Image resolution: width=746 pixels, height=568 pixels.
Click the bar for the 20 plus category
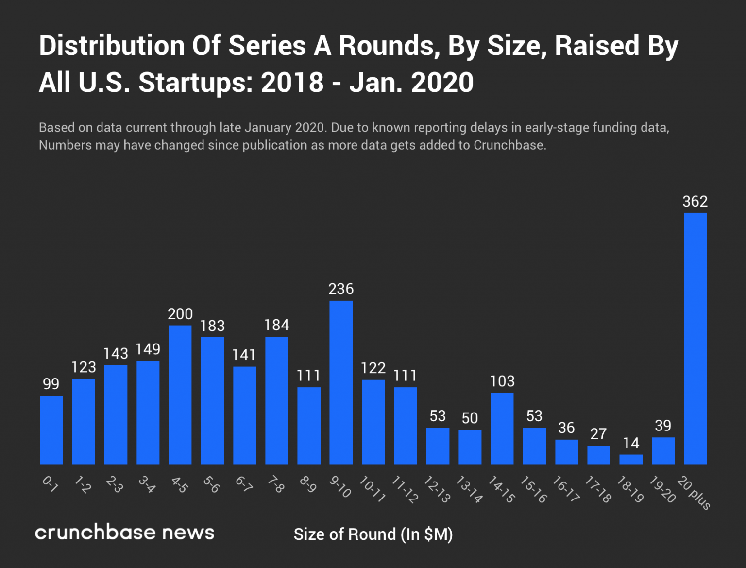pos(695,338)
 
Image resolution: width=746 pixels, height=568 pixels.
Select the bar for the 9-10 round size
pos(341,382)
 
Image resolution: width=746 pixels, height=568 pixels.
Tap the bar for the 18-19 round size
pos(631,459)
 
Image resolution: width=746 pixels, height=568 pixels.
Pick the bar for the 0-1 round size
pos(51,430)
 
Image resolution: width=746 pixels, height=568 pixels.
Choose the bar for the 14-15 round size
pos(502,429)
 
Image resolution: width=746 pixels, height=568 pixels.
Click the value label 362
pos(695,201)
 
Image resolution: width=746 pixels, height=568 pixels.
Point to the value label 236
pos(341,289)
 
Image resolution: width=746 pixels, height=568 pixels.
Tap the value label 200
pos(180,314)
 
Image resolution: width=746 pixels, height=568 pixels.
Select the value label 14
pos(631,443)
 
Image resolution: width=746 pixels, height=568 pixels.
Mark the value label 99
pos(51,384)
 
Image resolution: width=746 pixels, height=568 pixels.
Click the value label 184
pos(276,325)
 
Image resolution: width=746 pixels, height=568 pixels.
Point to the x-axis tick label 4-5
pos(179,485)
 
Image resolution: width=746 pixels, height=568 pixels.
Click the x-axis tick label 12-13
pos(437,489)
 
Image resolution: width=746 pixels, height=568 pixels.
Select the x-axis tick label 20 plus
pos(694,493)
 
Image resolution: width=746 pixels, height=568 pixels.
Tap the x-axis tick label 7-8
pos(276,485)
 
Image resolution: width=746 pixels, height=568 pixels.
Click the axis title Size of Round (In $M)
pos(373,534)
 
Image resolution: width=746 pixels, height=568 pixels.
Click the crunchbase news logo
pos(124,532)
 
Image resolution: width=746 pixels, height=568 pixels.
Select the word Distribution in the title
pos(112,46)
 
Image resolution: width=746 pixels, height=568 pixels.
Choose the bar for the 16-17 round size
pos(566,452)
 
